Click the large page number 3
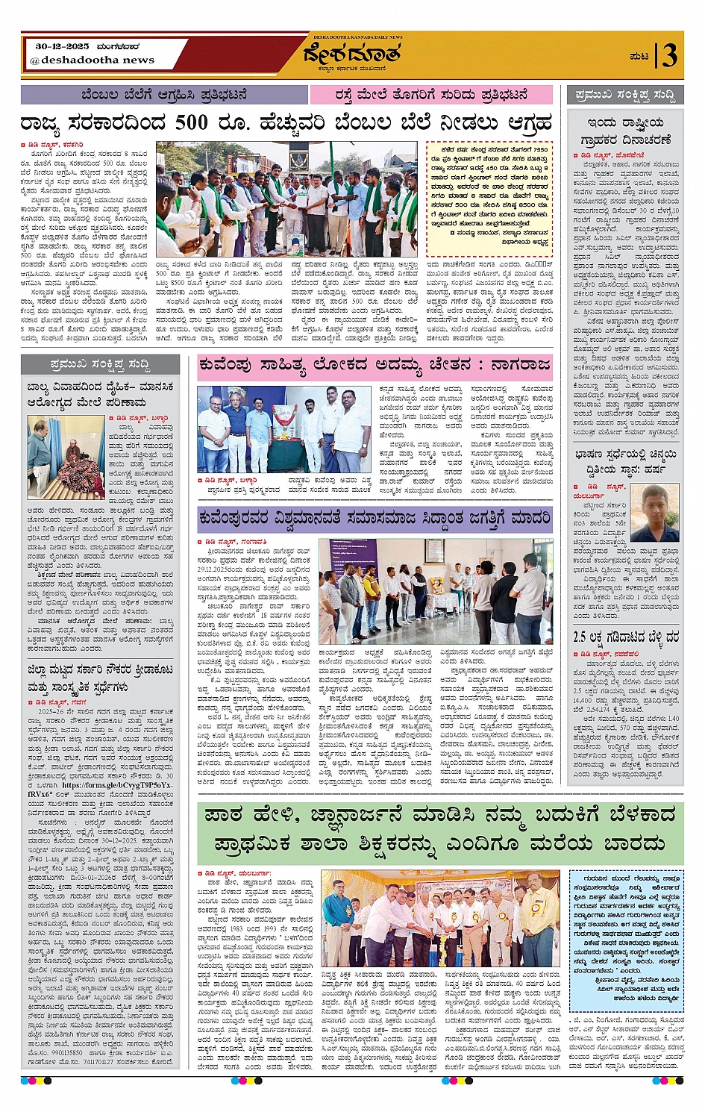pyautogui.click(x=669, y=55)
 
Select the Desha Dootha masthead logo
pyautogui.click(x=351, y=54)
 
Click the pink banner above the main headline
pyautogui.click(x=432, y=95)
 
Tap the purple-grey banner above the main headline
pyautogui.click(x=164, y=95)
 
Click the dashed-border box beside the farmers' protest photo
pyautogui.click(x=489, y=196)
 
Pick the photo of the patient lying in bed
pyautogui.click(x=66, y=457)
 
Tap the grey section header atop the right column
pyautogui.click(x=625, y=95)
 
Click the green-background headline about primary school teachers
pyautogui.click(x=440, y=828)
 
